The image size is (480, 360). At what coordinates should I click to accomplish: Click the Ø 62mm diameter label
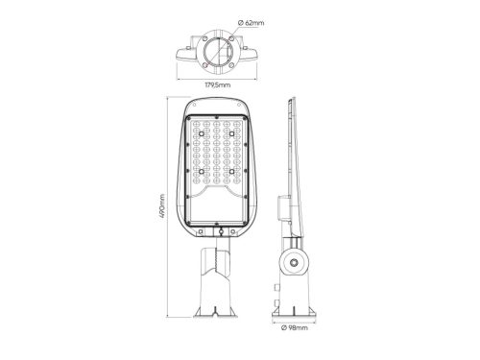point(252,23)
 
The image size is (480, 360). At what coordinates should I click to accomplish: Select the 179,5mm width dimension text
point(217,85)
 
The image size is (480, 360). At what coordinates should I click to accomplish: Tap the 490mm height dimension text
point(162,206)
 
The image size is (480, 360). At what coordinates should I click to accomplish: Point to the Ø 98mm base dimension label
point(295,327)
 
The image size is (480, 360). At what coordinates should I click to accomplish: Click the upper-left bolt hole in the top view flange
point(204,38)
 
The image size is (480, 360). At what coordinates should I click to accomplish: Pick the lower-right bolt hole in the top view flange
point(230,65)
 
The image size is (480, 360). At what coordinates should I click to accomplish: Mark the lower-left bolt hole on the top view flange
point(204,65)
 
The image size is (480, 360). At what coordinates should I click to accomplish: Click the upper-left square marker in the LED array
point(202,133)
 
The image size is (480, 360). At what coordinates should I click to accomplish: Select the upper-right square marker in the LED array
point(231,133)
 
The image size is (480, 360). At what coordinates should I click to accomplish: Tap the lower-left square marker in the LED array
point(202,172)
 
